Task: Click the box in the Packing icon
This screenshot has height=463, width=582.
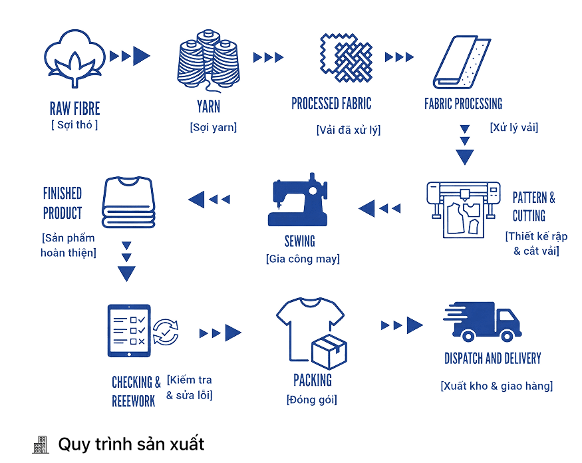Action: (x=331, y=351)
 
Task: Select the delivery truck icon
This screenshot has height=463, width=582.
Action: (x=482, y=323)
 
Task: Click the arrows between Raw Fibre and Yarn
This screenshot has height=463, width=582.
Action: (x=130, y=56)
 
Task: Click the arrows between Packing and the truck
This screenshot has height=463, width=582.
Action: (x=402, y=325)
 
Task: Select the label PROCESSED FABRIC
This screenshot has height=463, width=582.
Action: (x=331, y=103)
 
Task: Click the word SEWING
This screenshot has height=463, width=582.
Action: (x=300, y=240)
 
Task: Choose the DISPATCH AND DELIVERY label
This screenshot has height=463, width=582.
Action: (x=492, y=359)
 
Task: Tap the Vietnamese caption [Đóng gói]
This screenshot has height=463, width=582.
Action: (x=312, y=400)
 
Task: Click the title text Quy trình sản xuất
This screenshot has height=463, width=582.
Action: (x=131, y=444)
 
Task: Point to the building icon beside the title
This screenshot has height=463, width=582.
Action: (x=41, y=445)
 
